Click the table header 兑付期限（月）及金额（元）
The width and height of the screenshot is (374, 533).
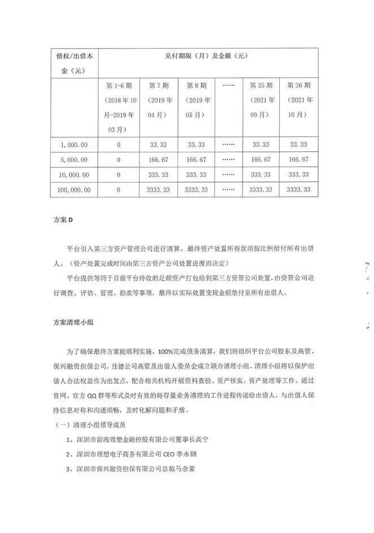click(207, 56)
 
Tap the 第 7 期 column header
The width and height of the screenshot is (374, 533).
click(159, 85)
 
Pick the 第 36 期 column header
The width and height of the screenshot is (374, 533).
click(299, 85)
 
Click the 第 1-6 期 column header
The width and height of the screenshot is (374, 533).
click(119, 85)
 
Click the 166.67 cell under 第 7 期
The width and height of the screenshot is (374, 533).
click(159, 160)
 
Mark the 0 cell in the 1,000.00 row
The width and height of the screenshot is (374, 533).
click(119, 145)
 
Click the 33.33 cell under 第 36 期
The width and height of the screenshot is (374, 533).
click(298, 145)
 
